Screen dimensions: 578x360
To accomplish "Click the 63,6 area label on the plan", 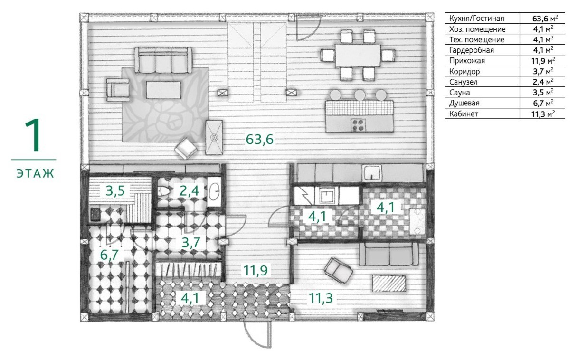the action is [x=259, y=139].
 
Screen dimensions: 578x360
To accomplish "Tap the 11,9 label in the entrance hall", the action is [x=256, y=270].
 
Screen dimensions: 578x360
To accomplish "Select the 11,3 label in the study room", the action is [x=321, y=298].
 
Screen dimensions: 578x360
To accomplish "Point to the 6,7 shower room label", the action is [x=109, y=255].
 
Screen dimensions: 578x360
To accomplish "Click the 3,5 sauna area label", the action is [x=115, y=191].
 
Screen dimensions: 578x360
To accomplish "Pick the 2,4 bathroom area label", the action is [x=189, y=191].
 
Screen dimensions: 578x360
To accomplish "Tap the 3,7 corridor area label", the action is [x=191, y=243].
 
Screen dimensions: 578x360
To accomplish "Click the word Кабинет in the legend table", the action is [x=464, y=114].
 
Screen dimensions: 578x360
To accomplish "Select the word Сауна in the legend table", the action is [x=459, y=93].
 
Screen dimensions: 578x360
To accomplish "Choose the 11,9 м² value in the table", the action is [x=543, y=61].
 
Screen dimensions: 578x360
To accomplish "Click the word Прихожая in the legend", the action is [x=467, y=61].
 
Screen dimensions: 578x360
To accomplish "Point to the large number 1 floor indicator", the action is [x=33, y=135].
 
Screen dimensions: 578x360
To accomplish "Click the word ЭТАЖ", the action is [x=35, y=173].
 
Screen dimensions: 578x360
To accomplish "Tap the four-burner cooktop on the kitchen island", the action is [x=359, y=125].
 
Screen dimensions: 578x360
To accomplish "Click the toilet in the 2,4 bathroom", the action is [x=163, y=191].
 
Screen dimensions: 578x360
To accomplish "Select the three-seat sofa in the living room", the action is [x=163, y=60].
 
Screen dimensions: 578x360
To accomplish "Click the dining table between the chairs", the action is [x=358, y=56].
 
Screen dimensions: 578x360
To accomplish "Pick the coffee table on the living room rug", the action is [x=163, y=90].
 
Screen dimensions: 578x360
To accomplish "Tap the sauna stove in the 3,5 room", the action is [x=95, y=214].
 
